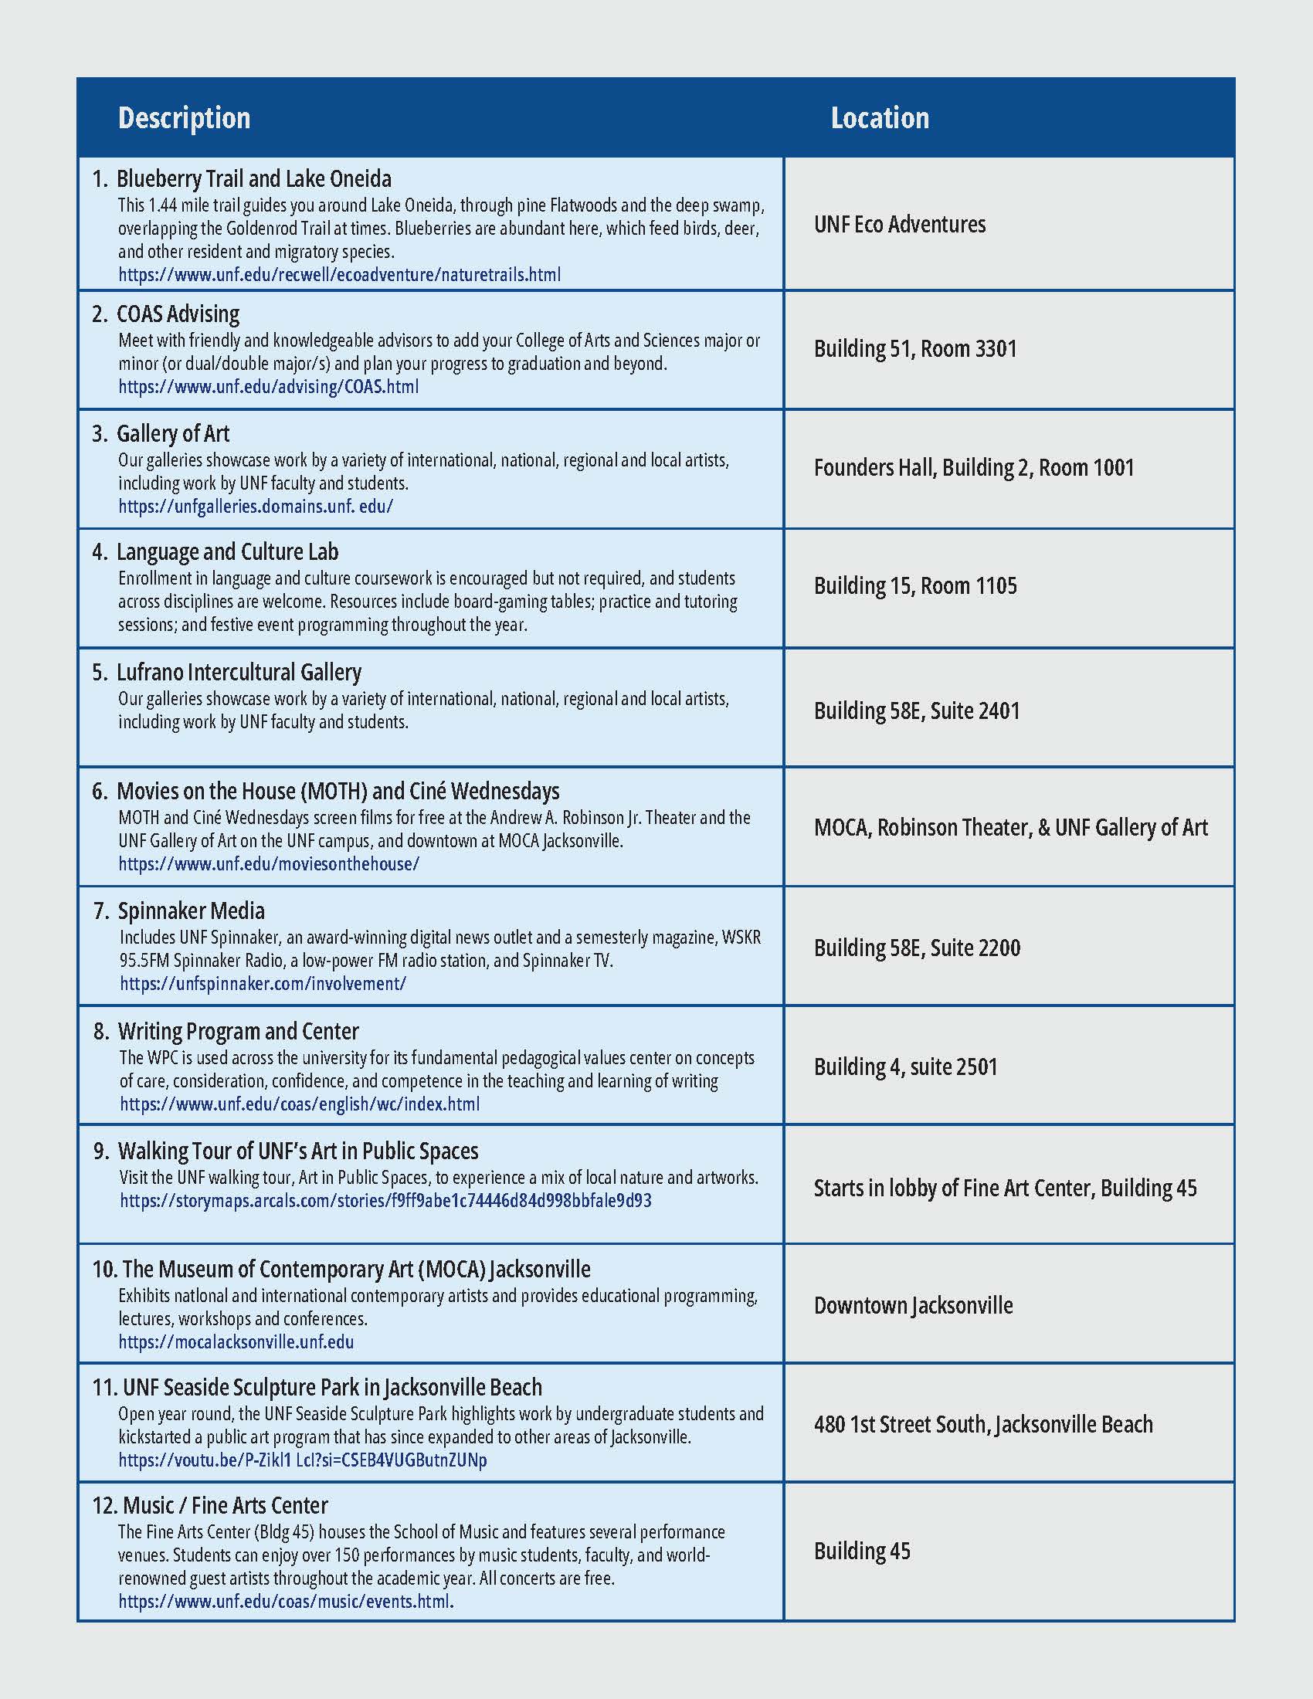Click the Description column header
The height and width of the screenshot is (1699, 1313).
[x=185, y=118]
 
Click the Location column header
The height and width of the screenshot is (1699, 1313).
[x=880, y=118]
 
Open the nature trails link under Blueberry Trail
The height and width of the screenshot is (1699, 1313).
[x=339, y=275]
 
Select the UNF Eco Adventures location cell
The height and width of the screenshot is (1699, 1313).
[x=899, y=225]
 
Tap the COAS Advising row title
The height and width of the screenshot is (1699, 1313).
[x=178, y=314]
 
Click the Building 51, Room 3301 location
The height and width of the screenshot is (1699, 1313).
[x=914, y=348]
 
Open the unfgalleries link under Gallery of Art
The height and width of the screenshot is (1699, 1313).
[x=255, y=507]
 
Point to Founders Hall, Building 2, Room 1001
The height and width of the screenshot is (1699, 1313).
[x=974, y=467]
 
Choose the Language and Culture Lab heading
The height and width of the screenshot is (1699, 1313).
[x=227, y=552]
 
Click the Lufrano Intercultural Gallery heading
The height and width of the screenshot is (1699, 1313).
[x=239, y=672]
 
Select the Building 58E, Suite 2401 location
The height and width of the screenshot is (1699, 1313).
[x=916, y=711]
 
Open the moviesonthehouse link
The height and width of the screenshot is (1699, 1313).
[x=268, y=864]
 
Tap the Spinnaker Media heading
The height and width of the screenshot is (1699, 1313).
[x=191, y=911]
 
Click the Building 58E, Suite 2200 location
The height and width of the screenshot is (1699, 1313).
[x=916, y=948]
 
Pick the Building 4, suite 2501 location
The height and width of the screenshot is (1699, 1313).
[x=905, y=1067]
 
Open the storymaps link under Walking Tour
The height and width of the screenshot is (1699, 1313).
[x=385, y=1200]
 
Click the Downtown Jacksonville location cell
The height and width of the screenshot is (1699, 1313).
[x=913, y=1305]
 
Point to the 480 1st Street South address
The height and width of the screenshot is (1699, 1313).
[x=983, y=1424]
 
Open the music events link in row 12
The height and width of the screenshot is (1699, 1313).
[x=286, y=1602]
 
